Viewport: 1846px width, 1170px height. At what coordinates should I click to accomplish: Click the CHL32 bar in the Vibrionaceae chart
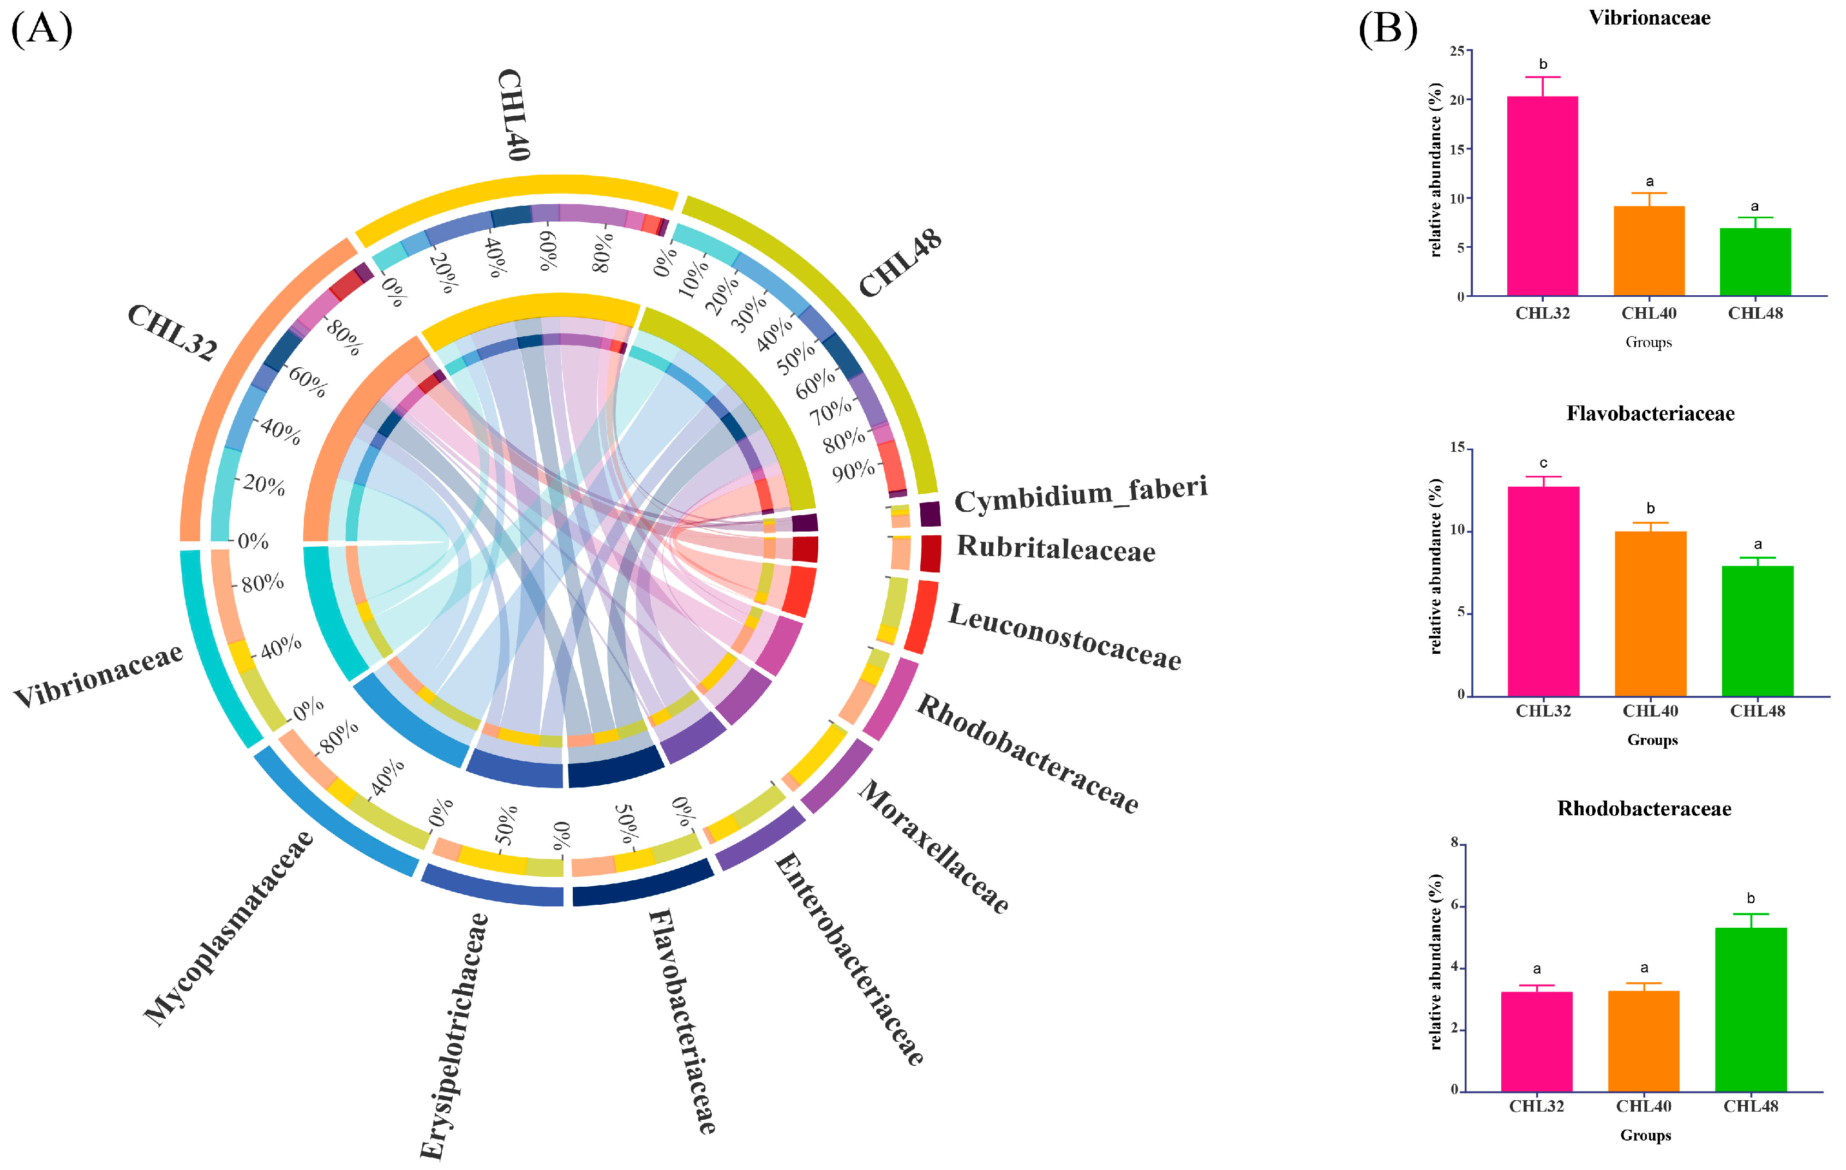(x=1542, y=195)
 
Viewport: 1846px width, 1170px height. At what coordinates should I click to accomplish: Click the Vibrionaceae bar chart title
(x=1649, y=17)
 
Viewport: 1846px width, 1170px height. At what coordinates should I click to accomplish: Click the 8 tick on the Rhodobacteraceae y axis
(x=1454, y=843)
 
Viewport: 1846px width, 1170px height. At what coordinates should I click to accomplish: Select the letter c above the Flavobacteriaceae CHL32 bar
(x=1543, y=463)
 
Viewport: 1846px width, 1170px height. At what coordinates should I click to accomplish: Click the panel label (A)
(x=41, y=28)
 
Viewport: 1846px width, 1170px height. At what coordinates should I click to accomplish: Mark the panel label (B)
(x=1388, y=28)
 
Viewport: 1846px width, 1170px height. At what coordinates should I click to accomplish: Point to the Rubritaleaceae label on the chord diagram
(x=1056, y=548)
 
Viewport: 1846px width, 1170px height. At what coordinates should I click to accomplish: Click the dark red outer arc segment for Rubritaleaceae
(x=930, y=553)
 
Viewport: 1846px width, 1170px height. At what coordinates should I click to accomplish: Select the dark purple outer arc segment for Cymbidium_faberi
(x=930, y=514)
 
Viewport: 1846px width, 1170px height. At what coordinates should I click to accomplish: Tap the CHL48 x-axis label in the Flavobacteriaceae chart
(x=1757, y=711)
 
